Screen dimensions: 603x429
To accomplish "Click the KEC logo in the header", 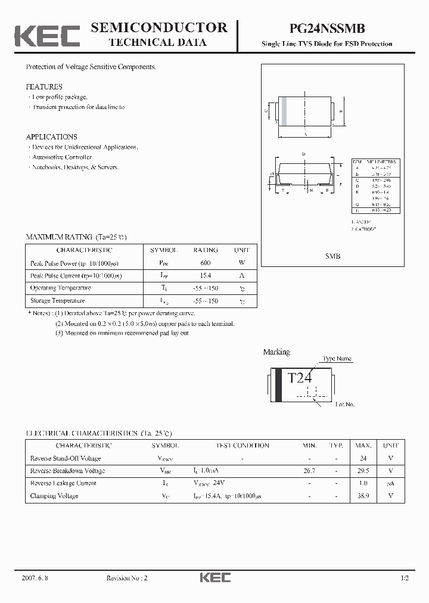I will pos(47,36).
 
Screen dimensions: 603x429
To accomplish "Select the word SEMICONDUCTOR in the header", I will pos(158,27).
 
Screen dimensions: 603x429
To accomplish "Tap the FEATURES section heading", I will pos(44,86).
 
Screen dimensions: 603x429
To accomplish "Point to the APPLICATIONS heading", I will pos(52,136).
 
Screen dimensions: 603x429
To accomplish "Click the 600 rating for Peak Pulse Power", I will pos(206,263).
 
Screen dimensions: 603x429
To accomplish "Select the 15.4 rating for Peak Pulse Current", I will pos(206,275).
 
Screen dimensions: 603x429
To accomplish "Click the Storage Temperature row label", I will pos(57,301).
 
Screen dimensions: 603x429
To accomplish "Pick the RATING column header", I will pos(206,250).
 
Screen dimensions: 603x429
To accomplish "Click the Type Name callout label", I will pos(337,359).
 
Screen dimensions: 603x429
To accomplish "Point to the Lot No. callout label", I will pos(344,405).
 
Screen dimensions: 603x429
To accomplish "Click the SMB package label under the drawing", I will pos(332,256).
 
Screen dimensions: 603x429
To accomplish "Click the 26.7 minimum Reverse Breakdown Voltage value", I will pos(309,471).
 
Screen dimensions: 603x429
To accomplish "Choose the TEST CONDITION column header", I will pos(242,446).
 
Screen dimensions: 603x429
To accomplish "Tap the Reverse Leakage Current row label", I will pos(63,483).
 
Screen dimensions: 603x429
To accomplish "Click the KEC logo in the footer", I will pos(214,578).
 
